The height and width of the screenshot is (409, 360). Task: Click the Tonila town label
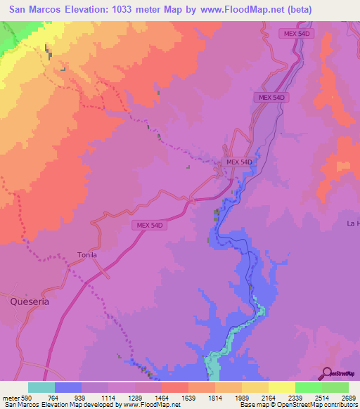[x=87, y=255]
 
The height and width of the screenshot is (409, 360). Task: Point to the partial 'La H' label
[x=352, y=223]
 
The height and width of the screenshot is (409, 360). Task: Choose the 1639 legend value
[x=188, y=397]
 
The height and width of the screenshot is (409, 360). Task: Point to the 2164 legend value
[x=268, y=397]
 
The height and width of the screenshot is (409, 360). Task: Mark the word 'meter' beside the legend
[x=9, y=397]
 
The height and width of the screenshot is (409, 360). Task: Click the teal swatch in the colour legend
[x=41, y=387]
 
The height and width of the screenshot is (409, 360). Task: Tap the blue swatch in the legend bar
[x=68, y=387]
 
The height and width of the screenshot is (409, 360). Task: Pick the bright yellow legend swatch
[x=281, y=387]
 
